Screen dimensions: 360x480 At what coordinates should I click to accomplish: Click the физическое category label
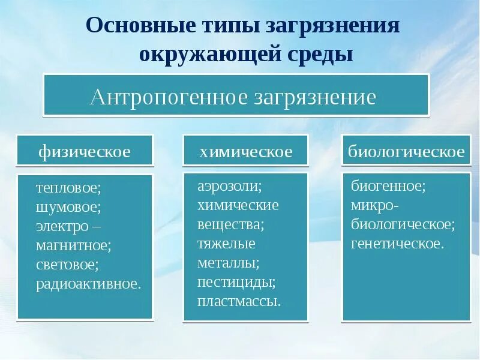click(85, 151)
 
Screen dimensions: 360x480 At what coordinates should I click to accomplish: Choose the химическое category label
click(246, 151)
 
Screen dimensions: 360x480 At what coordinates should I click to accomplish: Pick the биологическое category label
click(406, 151)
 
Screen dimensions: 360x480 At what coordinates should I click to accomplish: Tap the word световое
click(67, 264)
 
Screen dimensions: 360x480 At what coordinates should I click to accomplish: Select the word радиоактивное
click(88, 283)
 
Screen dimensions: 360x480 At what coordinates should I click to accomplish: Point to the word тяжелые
click(227, 244)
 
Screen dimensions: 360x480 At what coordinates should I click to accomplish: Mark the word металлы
click(229, 263)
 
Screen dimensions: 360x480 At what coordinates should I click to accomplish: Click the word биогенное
click(388, 186)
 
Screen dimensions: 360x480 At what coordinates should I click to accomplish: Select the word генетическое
click(398, 244)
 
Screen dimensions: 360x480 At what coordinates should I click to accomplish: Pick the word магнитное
click(74, 245)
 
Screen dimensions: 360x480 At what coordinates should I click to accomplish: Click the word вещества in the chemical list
click(231, 224)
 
